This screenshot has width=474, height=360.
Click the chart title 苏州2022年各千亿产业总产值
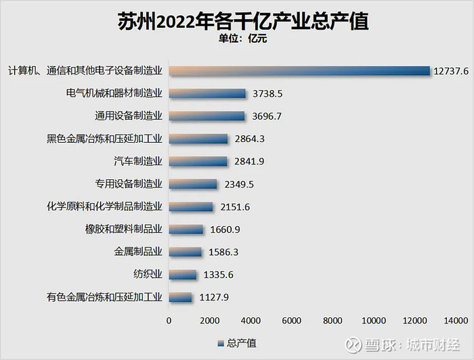[237, 21]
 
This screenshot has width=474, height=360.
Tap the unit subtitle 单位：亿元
[237, 39]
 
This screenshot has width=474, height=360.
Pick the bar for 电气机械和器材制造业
[207, 93]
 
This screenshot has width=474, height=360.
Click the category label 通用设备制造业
[129, 116]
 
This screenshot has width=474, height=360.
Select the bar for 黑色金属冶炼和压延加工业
[198, 139]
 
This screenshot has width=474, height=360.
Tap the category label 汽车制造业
[138, 161]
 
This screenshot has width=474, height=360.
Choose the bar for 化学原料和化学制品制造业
[190, 206]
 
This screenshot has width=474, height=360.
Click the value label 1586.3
[221, 252]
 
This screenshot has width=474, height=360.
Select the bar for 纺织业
[182, 275]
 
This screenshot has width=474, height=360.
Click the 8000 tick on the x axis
[332, 319]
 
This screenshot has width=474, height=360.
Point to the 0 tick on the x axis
[169, 319]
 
